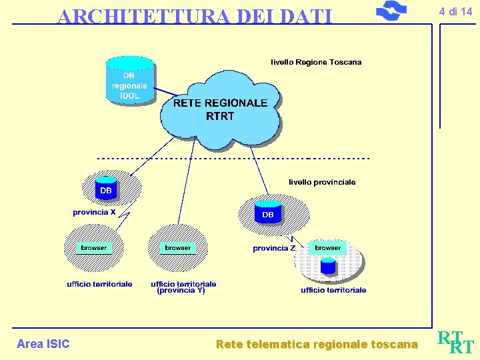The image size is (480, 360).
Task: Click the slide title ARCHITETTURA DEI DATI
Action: pos(194,15)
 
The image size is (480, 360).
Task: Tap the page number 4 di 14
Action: pos(455,11)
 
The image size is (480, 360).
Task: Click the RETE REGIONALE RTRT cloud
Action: pos(220,109)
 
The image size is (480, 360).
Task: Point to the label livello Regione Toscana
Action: pos(316,62)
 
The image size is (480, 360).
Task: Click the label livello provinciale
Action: pos(322,182)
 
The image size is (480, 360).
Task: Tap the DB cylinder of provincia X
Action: pos(106,189)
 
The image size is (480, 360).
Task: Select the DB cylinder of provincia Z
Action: pos(267,212)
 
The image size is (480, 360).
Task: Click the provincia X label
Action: pos(94,213)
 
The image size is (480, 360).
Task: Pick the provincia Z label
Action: pos(274,248)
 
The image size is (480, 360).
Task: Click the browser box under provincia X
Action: pos(93,247)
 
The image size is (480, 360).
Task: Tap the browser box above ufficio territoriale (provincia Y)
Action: pos(177,247)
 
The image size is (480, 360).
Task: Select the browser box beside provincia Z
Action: pos(327,247)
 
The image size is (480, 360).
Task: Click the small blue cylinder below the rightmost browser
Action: pos(327,266)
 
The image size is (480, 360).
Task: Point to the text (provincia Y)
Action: pos(181,291)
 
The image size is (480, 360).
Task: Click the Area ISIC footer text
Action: pos(43,344)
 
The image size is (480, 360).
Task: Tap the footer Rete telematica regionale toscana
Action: pos(317,345)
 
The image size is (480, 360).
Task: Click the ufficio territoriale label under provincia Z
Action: pos(333,291)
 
